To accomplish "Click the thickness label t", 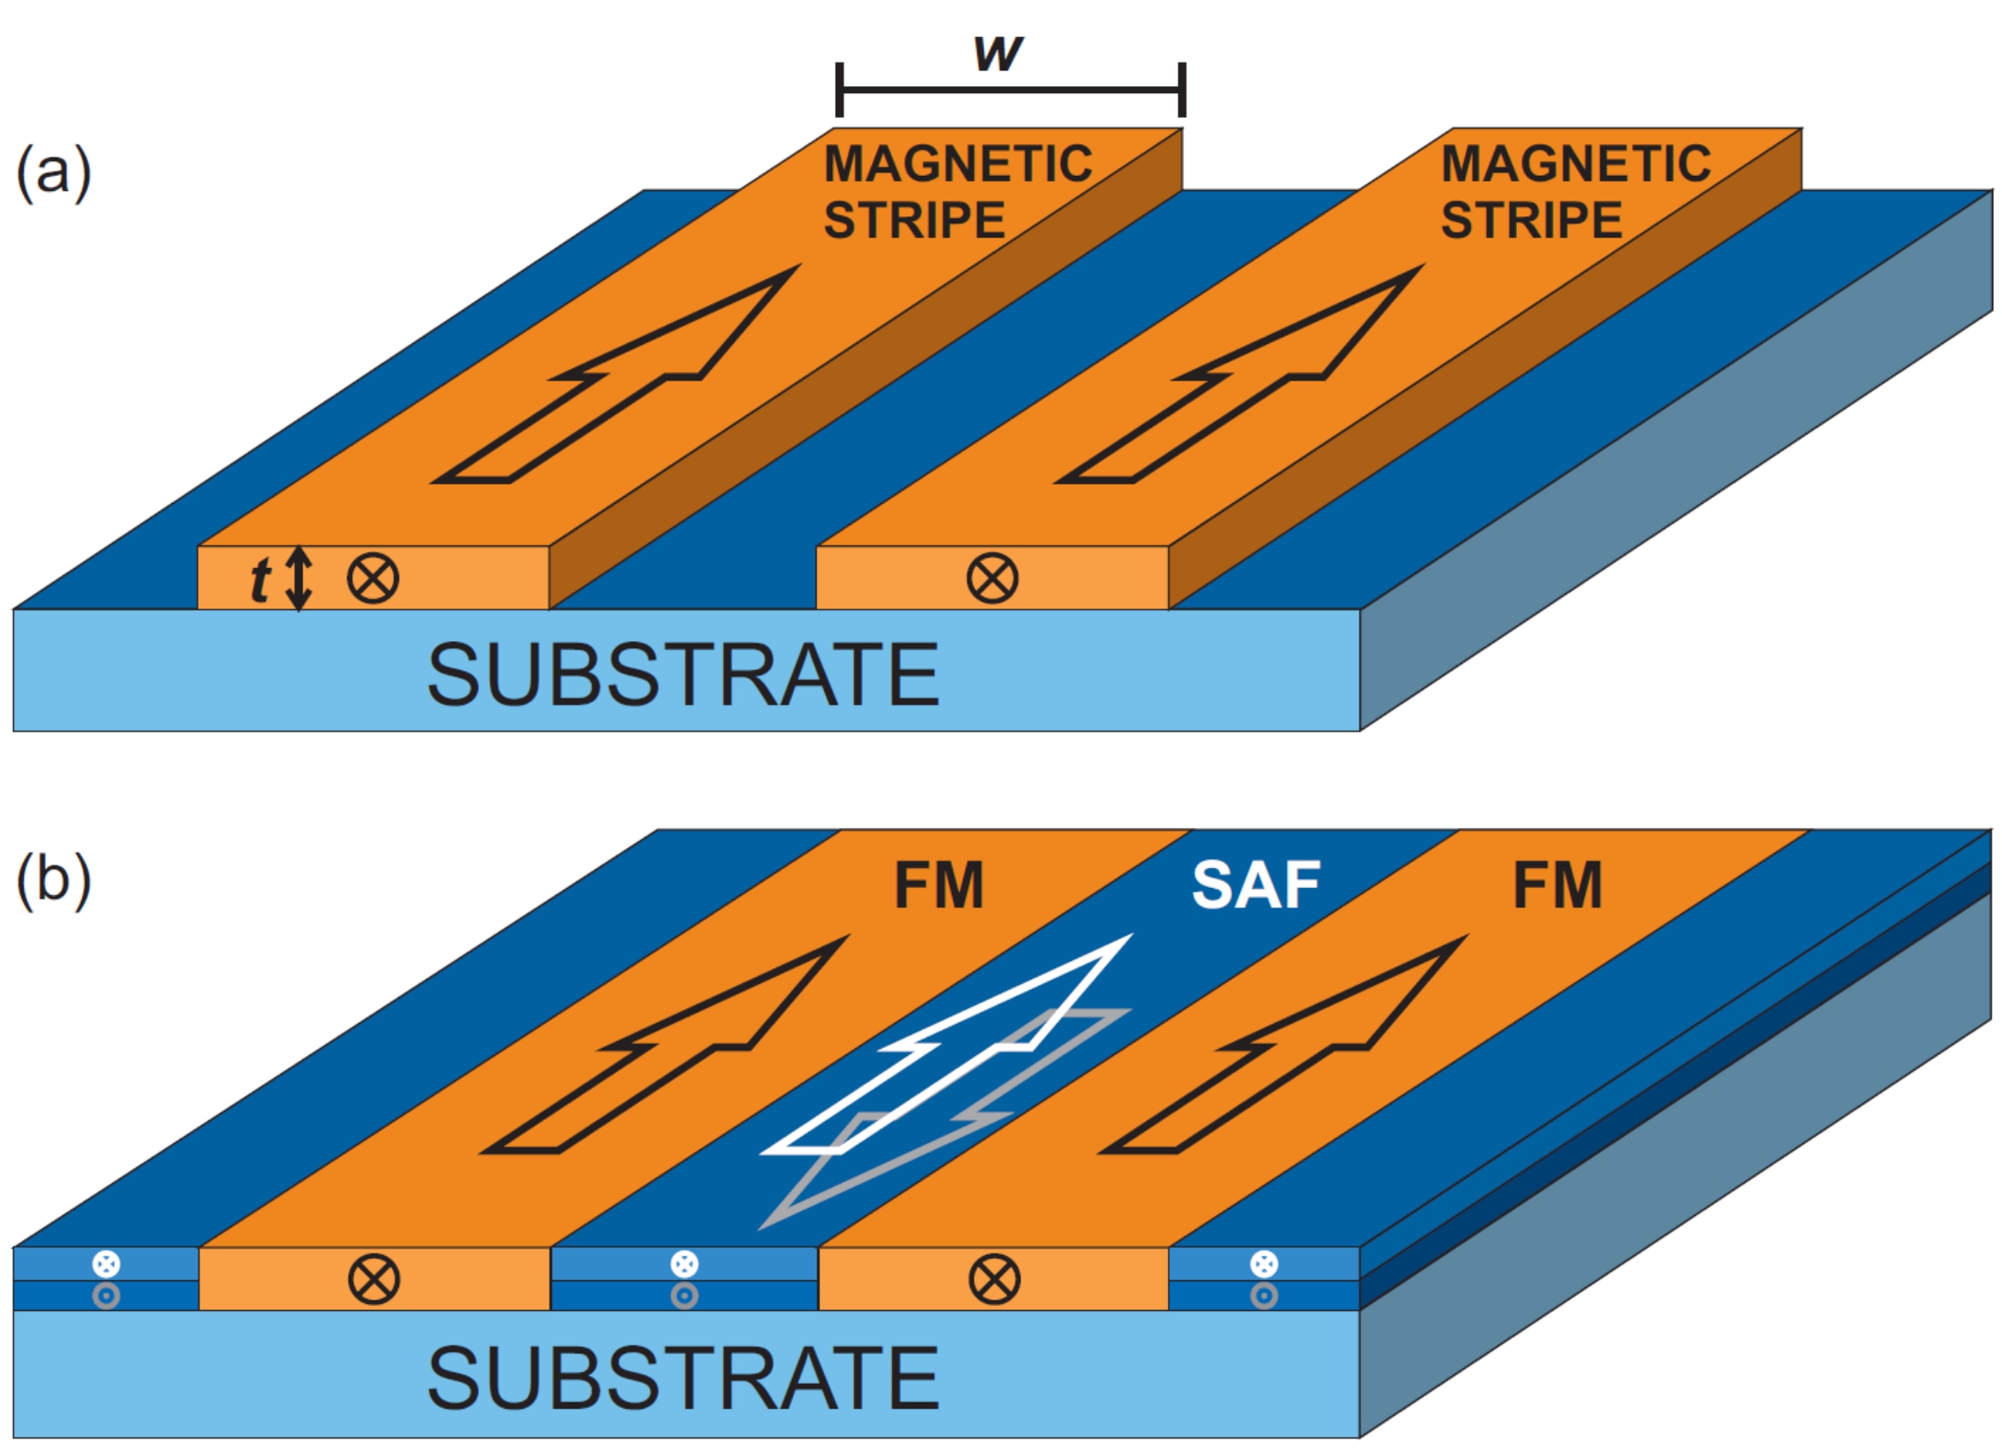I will (x=259, y=581).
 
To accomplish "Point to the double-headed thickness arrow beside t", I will (x=300, y=579).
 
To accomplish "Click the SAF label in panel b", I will (x=1255, y=885).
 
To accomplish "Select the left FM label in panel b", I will (x=939, y=885).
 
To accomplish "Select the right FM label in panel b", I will (x=1557, y=885).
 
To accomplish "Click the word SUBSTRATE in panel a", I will (x=682, y=675).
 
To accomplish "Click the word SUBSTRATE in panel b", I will (x=682, y=1380).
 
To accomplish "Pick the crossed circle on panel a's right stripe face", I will (x=992, y=579).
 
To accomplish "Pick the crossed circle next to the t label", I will (x=373, y=579).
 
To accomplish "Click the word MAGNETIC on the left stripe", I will (x=958, y=164).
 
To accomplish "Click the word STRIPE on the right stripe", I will (x=1532, y=220).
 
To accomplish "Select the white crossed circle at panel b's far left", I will (x=106, y=1264).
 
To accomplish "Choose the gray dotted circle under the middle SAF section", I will (x=684, y=1295).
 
